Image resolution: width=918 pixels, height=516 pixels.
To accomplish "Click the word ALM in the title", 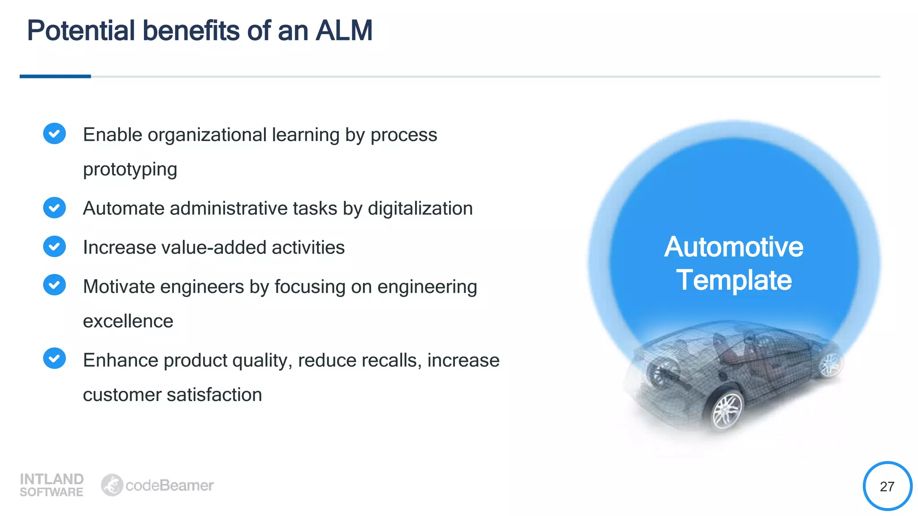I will pos(344,31).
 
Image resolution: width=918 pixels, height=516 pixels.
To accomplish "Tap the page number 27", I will pos(887,486).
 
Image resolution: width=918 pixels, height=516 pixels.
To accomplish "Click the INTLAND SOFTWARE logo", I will pos(52,485).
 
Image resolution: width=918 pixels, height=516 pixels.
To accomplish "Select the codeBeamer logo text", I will pos(169,486).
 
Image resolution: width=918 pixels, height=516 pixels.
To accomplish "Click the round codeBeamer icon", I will pos(112,485).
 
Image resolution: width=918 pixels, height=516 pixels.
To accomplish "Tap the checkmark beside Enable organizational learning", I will pos(55,133).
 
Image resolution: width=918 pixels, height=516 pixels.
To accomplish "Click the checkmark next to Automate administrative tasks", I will pos(55,208).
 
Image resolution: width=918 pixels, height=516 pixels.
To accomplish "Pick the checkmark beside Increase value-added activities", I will pos(55,246).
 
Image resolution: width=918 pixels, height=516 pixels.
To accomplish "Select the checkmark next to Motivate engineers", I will pos(55,285).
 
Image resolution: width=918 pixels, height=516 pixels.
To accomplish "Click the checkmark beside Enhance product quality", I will pos(55,358).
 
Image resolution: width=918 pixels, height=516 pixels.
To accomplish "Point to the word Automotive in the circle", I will pos(734,247).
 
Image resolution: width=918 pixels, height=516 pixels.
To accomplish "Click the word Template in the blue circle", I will pos(734,280).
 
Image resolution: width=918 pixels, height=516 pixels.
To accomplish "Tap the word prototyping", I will pos(130,170).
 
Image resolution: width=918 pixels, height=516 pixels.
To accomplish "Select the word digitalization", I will pos(420,209).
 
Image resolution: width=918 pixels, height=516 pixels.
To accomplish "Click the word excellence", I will pos(128,321).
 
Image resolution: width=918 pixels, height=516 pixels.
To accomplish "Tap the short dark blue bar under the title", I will pos(55,77).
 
